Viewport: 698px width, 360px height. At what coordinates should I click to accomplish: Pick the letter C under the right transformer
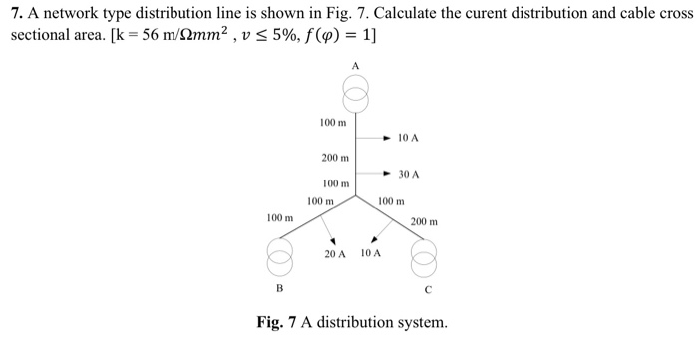click(x=427, y=291)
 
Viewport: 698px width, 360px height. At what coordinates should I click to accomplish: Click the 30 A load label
click(x=409, y=174)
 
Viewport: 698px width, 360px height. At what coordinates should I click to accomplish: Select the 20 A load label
click(x=335, y=254)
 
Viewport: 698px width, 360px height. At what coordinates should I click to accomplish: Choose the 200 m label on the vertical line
click(x=335, y=158)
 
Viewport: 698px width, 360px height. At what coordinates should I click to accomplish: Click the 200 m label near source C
click(x=425, y=221)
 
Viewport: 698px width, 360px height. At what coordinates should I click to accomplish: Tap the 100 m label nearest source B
click(x=280, y=217)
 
